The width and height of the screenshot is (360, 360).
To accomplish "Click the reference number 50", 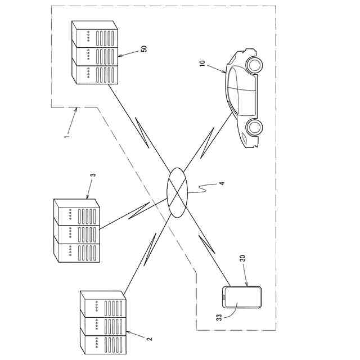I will [x=144, y=49].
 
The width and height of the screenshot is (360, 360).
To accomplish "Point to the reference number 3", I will [x=93, y=175].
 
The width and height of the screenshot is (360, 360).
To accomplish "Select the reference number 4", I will [x=221, y=183].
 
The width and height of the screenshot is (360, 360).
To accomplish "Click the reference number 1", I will [x=67, y=135].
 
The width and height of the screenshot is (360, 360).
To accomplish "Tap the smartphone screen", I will [x=242, y=298].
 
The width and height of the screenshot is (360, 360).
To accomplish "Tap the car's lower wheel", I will [x=254, y=128].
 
